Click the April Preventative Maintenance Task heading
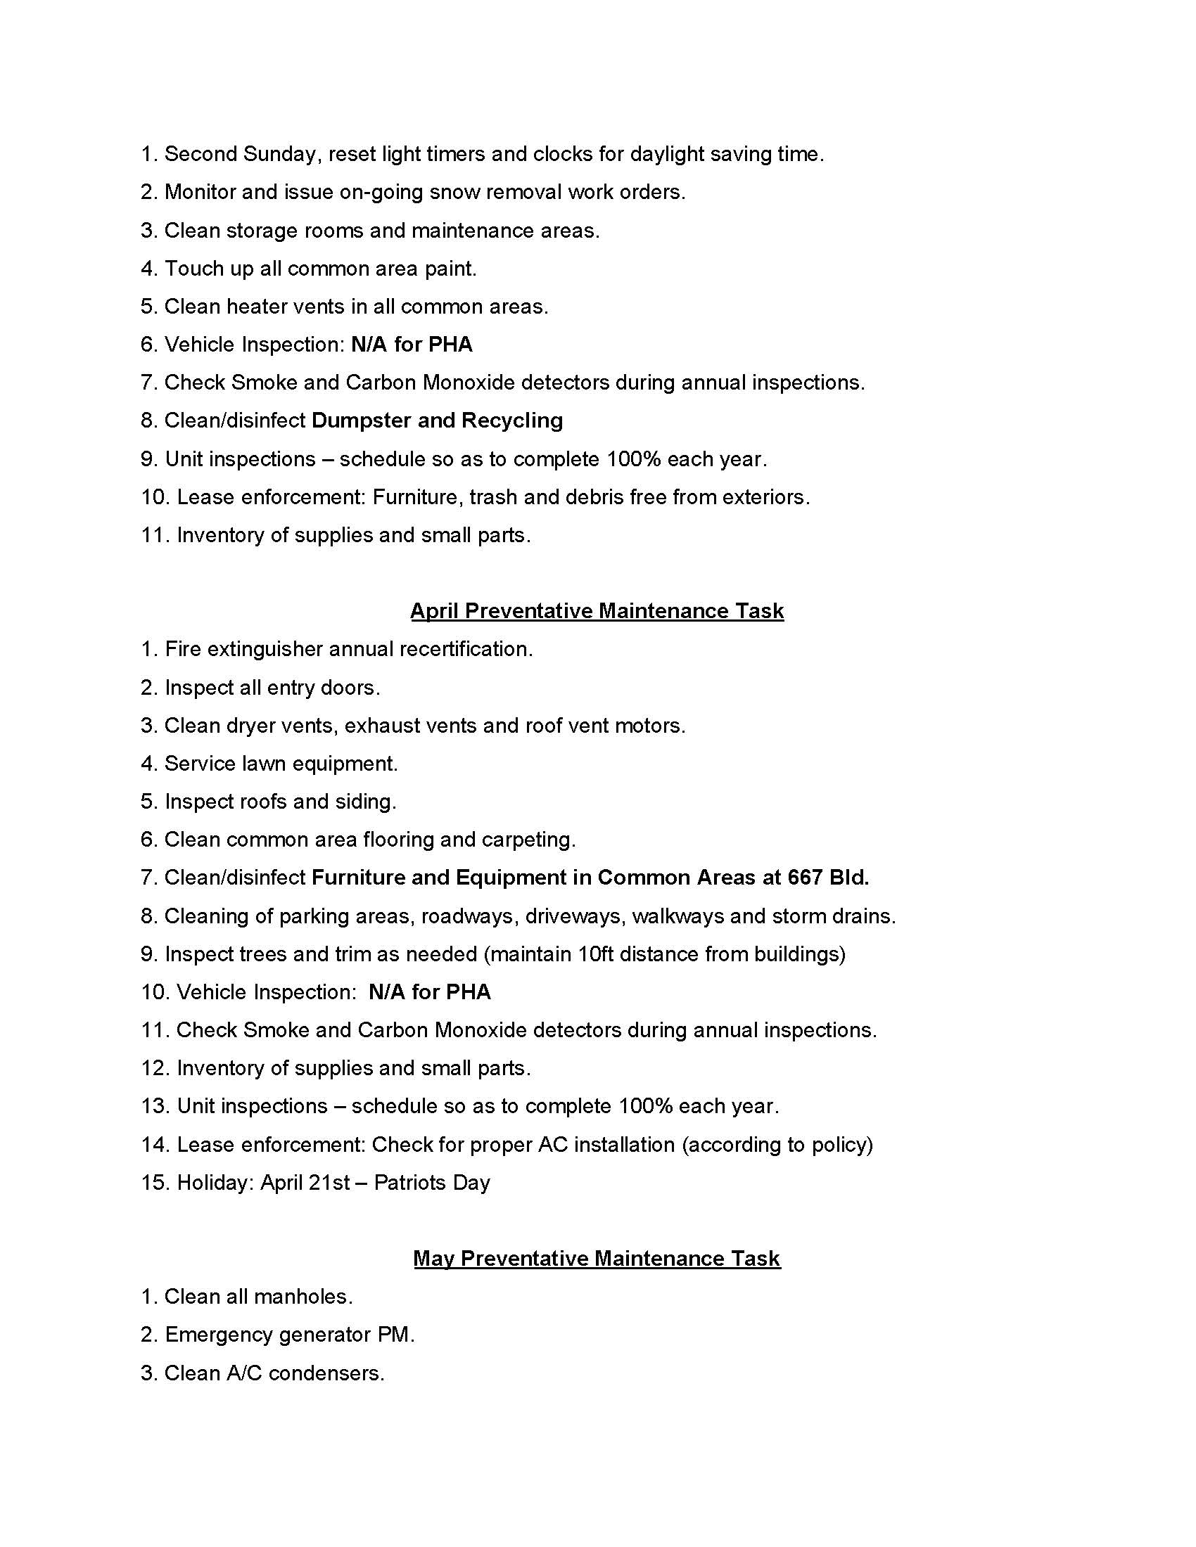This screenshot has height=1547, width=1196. coord(597,611)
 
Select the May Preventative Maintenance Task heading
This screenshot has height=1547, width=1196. coord(597,1259)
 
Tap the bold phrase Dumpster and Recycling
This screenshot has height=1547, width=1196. coord(437,421)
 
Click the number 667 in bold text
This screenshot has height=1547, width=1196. coord(804,878)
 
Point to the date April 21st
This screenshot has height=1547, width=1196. coord(305,1183)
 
